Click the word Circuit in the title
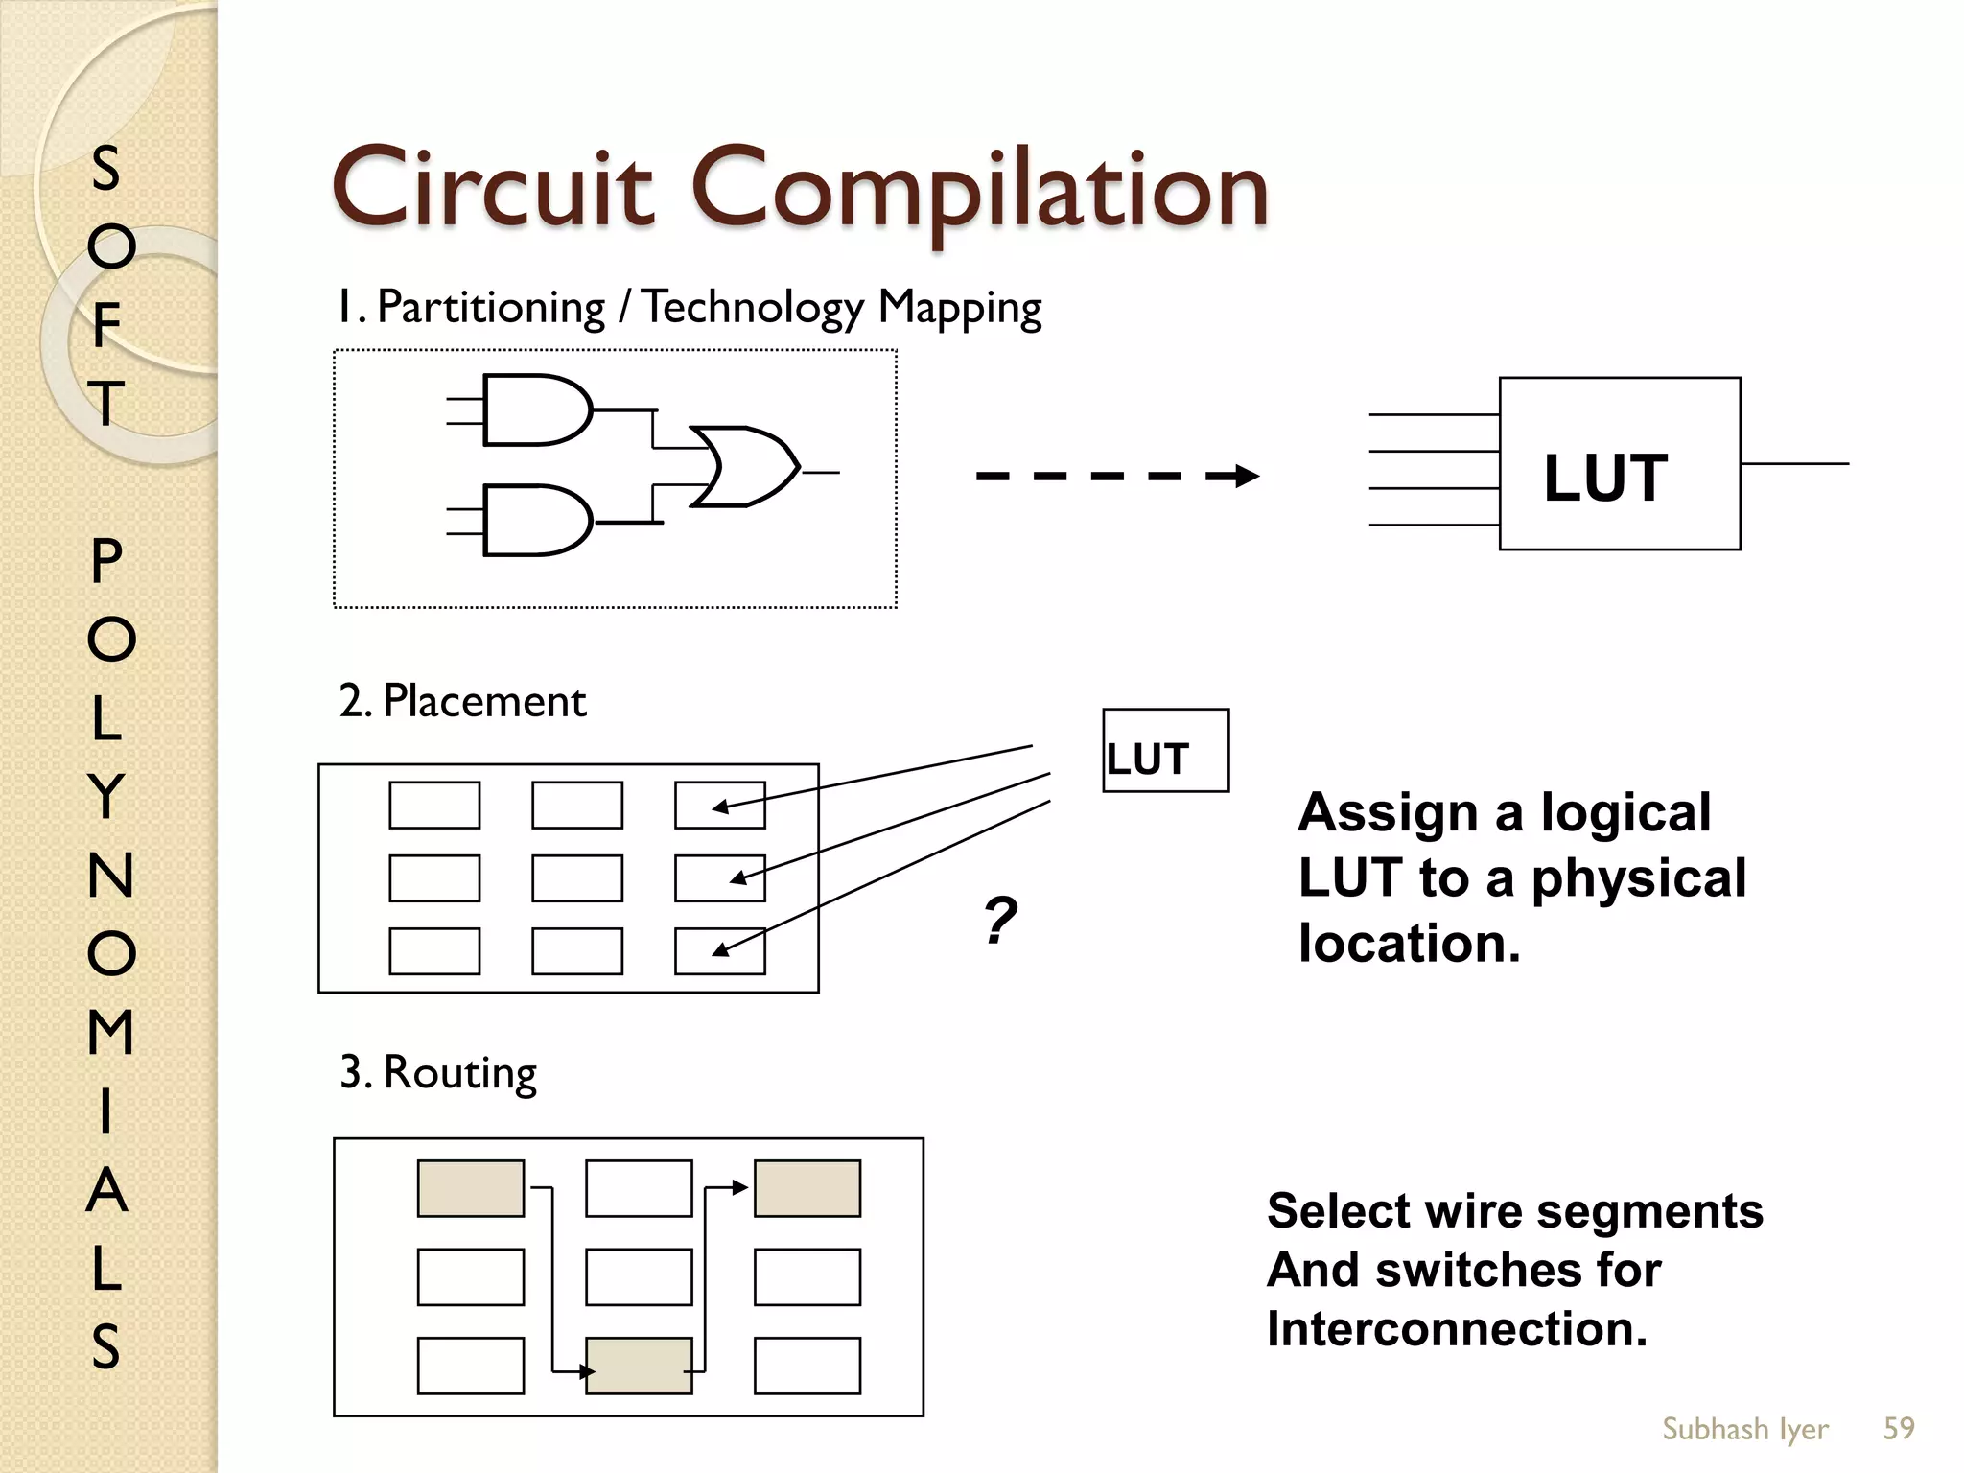tap(492, 189)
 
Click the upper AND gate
tap(535, 410)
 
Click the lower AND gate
tap(535, 521)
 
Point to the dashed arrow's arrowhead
tap(1245, 476)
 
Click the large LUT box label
tap(1605, 478)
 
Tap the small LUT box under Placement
tap(1164, 751)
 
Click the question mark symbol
tap(999, 921)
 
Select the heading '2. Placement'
tap(461, 701)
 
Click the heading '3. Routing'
tap(437, 1072)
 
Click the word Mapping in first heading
tap(959, 309)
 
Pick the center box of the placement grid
tap(576, 878)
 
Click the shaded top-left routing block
tap(470, 1188)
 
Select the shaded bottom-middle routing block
tap(639, 1366)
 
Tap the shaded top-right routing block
tap(807, 1188)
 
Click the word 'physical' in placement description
tap(1638, 879)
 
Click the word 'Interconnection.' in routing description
tap(1456, 1329)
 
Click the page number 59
tap(1898, 1429)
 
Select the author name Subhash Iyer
tap(1744, 1429)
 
